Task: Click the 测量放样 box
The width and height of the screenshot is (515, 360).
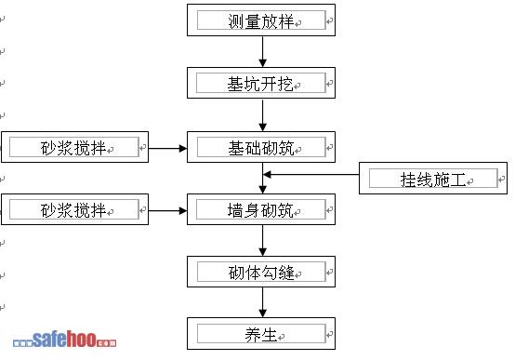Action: click(261, 20)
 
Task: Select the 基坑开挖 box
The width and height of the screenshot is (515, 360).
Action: click(261, 83)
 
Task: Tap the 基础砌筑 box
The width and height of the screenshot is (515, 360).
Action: click(261, 147)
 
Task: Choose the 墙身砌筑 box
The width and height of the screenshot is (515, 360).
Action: click(261, 209)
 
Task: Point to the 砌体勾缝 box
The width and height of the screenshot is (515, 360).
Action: click(261, 272)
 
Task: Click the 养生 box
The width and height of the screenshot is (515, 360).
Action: click(261, 333)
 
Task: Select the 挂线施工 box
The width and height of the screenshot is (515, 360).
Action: click(433, 178)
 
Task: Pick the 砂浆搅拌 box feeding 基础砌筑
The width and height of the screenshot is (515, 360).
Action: click(75, 147)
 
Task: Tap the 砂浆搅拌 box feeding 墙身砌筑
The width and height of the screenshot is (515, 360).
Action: click(75, 209)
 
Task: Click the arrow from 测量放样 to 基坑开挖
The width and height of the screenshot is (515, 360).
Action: click(262, 51)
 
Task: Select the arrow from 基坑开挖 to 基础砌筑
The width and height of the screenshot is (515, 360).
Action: click(262, 115)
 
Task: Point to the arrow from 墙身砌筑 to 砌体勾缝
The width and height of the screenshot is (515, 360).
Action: click(262, 240)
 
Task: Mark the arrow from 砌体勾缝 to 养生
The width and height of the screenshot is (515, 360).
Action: click(262, 302)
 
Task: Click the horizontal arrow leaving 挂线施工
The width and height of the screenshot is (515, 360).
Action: click(311, 175)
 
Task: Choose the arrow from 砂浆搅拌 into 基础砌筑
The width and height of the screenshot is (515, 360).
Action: click(167, 149)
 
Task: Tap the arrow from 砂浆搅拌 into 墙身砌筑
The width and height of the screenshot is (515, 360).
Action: click(167, 211)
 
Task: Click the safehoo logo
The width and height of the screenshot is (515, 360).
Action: click(64, 340)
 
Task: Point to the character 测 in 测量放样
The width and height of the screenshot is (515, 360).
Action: click(236, 21)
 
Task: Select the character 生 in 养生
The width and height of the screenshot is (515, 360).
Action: click(269, 335)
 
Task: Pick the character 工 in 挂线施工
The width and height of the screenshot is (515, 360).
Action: click(458, 180)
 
